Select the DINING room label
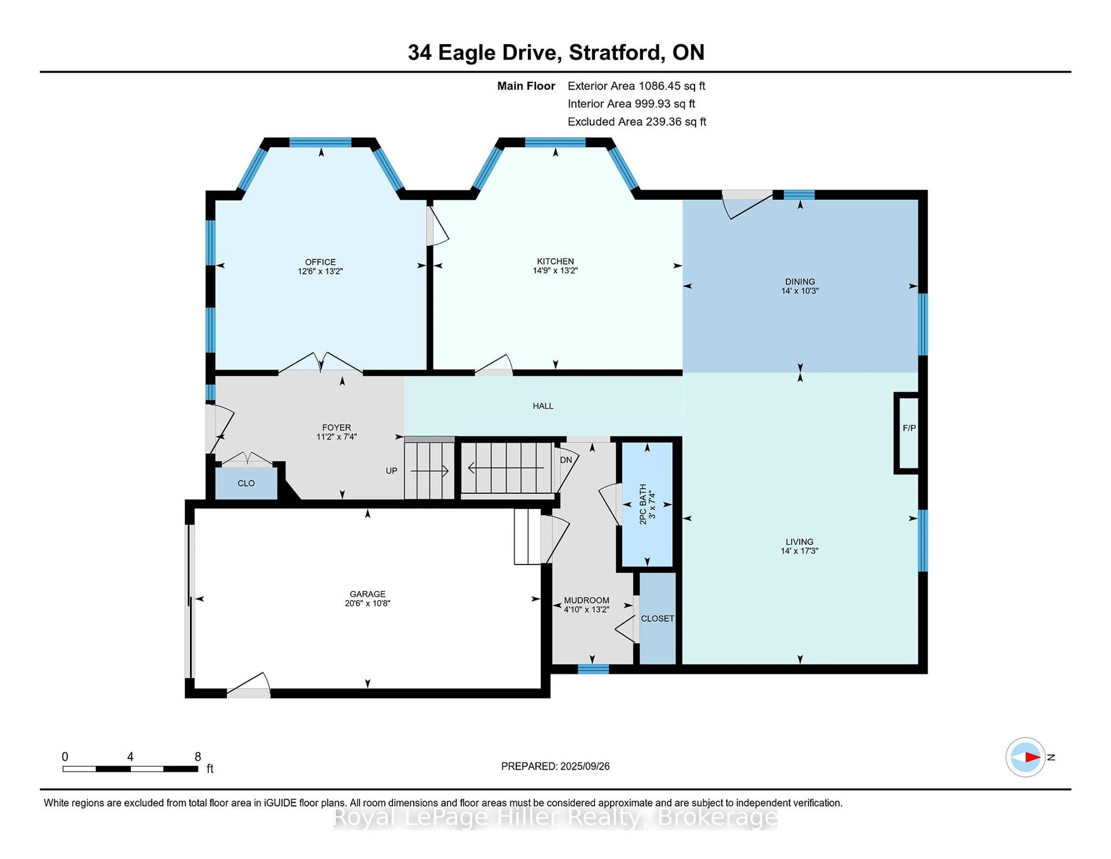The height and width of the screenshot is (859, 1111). point(800,281)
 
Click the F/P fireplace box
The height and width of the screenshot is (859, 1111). point(909,428)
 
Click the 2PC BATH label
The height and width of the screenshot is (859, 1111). point(643,504)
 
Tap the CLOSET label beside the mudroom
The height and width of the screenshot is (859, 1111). point(657,618)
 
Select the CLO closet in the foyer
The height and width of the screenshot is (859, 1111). point(246,483)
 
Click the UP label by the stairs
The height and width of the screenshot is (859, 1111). point(391,471)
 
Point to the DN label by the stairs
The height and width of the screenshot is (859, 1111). point(566,460)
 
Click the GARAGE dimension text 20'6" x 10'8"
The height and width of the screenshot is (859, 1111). point(367,603)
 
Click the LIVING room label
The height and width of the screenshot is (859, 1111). point(799,542)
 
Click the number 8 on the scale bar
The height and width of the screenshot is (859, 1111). point(198,757)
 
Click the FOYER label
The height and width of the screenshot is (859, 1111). point(336,427)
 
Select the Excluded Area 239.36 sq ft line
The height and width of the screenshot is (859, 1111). point(637,122)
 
